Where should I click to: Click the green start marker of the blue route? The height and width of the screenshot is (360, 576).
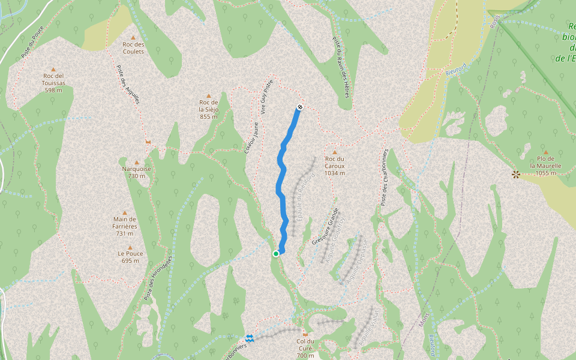point(276,254)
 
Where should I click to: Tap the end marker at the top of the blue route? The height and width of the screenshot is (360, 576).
point(299,107)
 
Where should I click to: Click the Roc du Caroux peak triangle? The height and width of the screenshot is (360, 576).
point(334,152)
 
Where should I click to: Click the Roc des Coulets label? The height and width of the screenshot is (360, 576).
point(133,47)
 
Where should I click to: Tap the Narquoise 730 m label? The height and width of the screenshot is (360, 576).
point(137,172)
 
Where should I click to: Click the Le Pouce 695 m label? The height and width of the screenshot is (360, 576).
point(130,257)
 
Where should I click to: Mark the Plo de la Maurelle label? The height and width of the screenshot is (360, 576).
point(545,165)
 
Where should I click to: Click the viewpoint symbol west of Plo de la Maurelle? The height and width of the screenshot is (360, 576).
point(515,175)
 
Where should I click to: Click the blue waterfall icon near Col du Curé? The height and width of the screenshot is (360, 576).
point(250,338)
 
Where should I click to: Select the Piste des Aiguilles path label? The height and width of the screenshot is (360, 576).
point(128,84)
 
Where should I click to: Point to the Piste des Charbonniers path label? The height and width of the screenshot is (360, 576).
point(385,177)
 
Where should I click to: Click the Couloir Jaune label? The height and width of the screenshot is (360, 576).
point(251,137)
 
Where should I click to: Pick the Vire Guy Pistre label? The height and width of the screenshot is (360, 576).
point(267,96)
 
